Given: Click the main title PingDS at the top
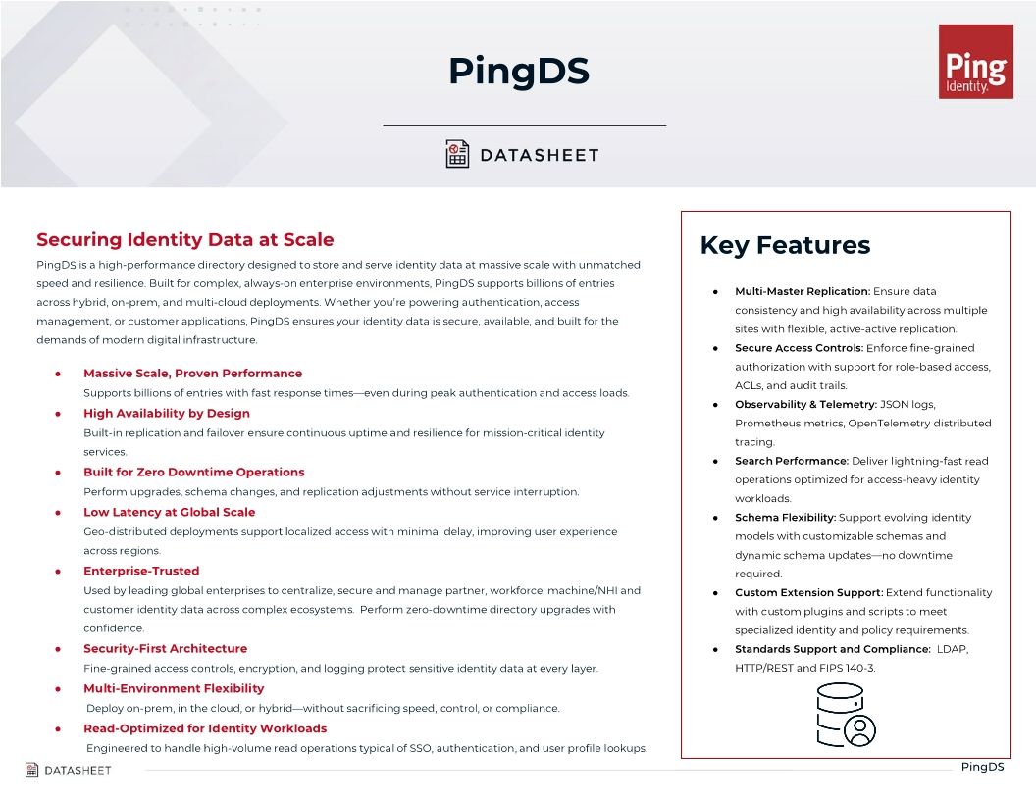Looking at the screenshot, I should pos(518,71).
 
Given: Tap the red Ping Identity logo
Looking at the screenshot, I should pos(975,62).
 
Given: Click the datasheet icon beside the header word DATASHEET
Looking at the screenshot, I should pos(457,154).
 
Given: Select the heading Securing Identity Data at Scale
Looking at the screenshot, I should pos(184,239).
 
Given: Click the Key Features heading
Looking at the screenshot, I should pos(784,245).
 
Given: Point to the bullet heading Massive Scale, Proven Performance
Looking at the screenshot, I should pos(192,374).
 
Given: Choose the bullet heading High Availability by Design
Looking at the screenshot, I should pos(166,413).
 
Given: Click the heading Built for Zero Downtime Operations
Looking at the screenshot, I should pos(193,472).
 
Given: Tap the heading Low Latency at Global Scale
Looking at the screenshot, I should pos(169,512).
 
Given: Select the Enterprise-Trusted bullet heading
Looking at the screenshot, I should pos(141,571).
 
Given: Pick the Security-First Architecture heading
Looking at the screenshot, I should pos(165,648).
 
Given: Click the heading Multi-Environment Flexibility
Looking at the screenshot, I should pos(174,688).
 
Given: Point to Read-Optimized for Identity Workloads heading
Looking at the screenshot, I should pos(205,728).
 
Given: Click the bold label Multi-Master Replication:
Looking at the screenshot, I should pos(802,291).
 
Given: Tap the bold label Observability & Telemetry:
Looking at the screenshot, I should pos(805,404).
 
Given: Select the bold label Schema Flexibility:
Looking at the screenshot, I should pos(785,517).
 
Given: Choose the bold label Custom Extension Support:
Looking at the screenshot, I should pos(808,592).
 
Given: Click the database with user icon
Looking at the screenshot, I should pos(845,715).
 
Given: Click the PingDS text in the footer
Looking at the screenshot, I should pos(982,767).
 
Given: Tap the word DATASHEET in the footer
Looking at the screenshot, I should pos(78,770).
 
